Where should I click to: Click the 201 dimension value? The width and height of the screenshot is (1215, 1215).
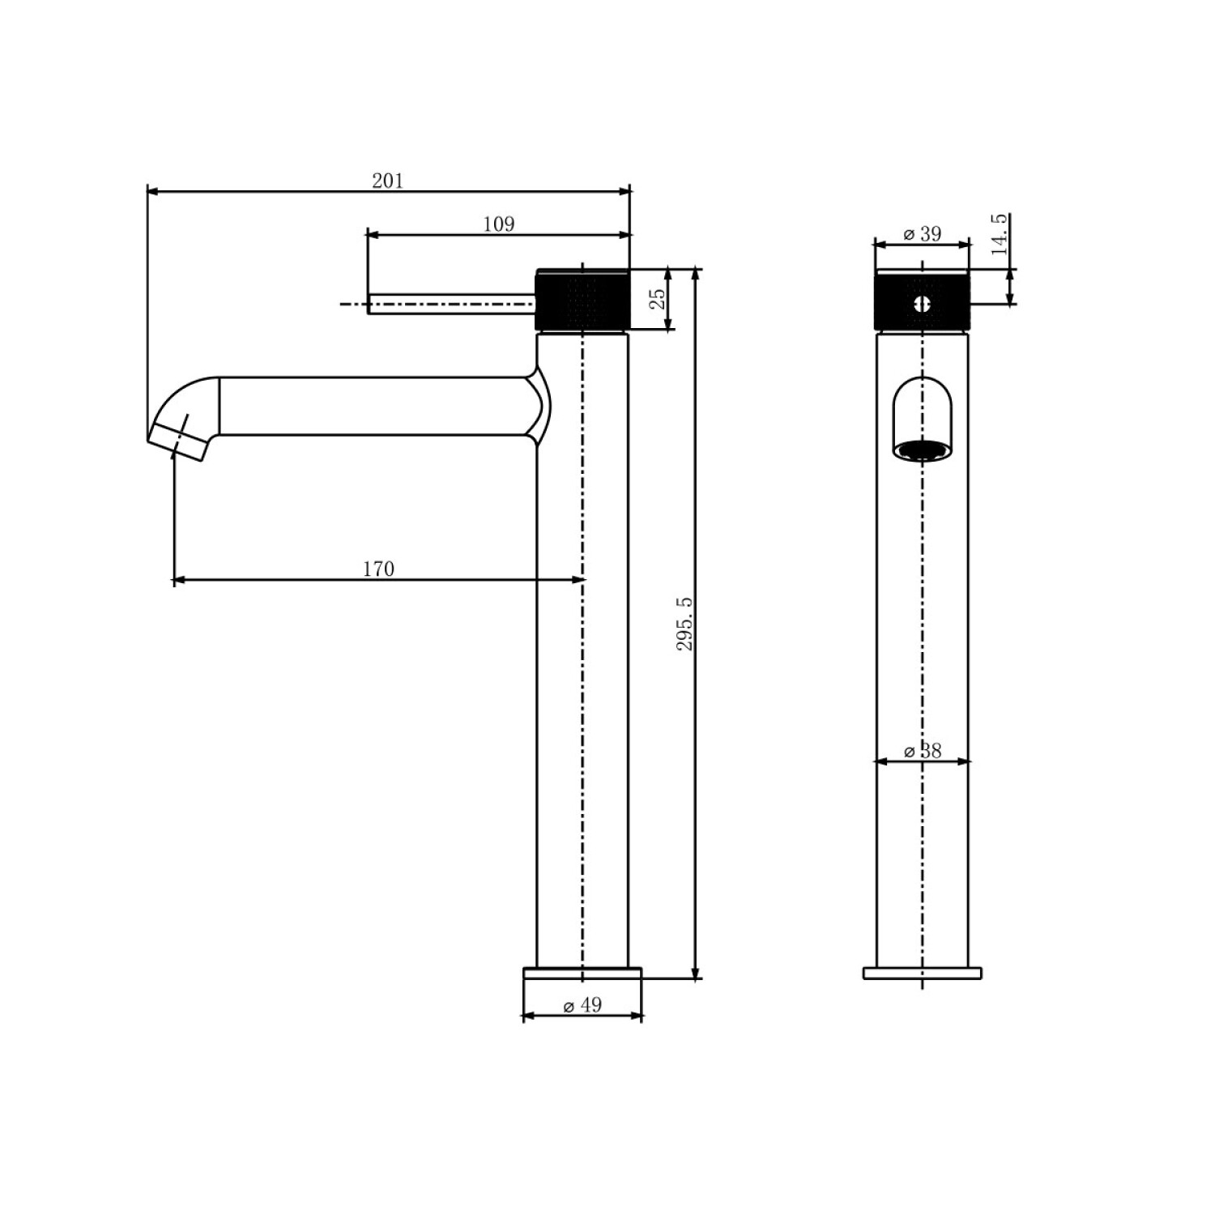[x=387, y=180]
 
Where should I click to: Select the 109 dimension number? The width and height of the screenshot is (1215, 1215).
[x=498, y=224]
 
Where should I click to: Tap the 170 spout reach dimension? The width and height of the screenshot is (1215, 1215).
[x=378, y=569]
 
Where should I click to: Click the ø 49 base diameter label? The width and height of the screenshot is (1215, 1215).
[x=582, y=1005]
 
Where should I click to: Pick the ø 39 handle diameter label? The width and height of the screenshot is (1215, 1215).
[x=922, y=233]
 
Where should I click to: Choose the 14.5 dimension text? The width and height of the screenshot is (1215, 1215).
[x=1000, y=235]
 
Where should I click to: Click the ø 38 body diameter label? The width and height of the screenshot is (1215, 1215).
[x=923, y=751]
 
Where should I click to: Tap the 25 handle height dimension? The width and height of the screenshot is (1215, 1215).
[x=658, y=298]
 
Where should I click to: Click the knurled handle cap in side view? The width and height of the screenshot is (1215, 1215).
[x=582, y=299]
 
